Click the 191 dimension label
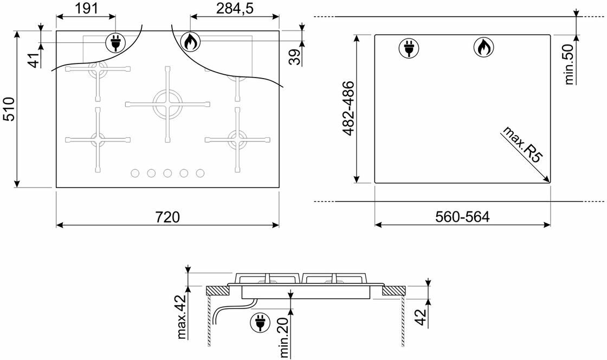pyautogui.click(x=86, y=8)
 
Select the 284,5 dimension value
pyautogui.click(x=235, y=8)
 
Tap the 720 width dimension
pyautogui.click(x=167, y=217)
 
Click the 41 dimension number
pyautogui.click(x=35, y=60)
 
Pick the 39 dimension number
pyautogui.click(x=295, y=57)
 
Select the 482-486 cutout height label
pyautogui.click(x=348, y=108)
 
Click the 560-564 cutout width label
pyautogui.click(x=462, y=217)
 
